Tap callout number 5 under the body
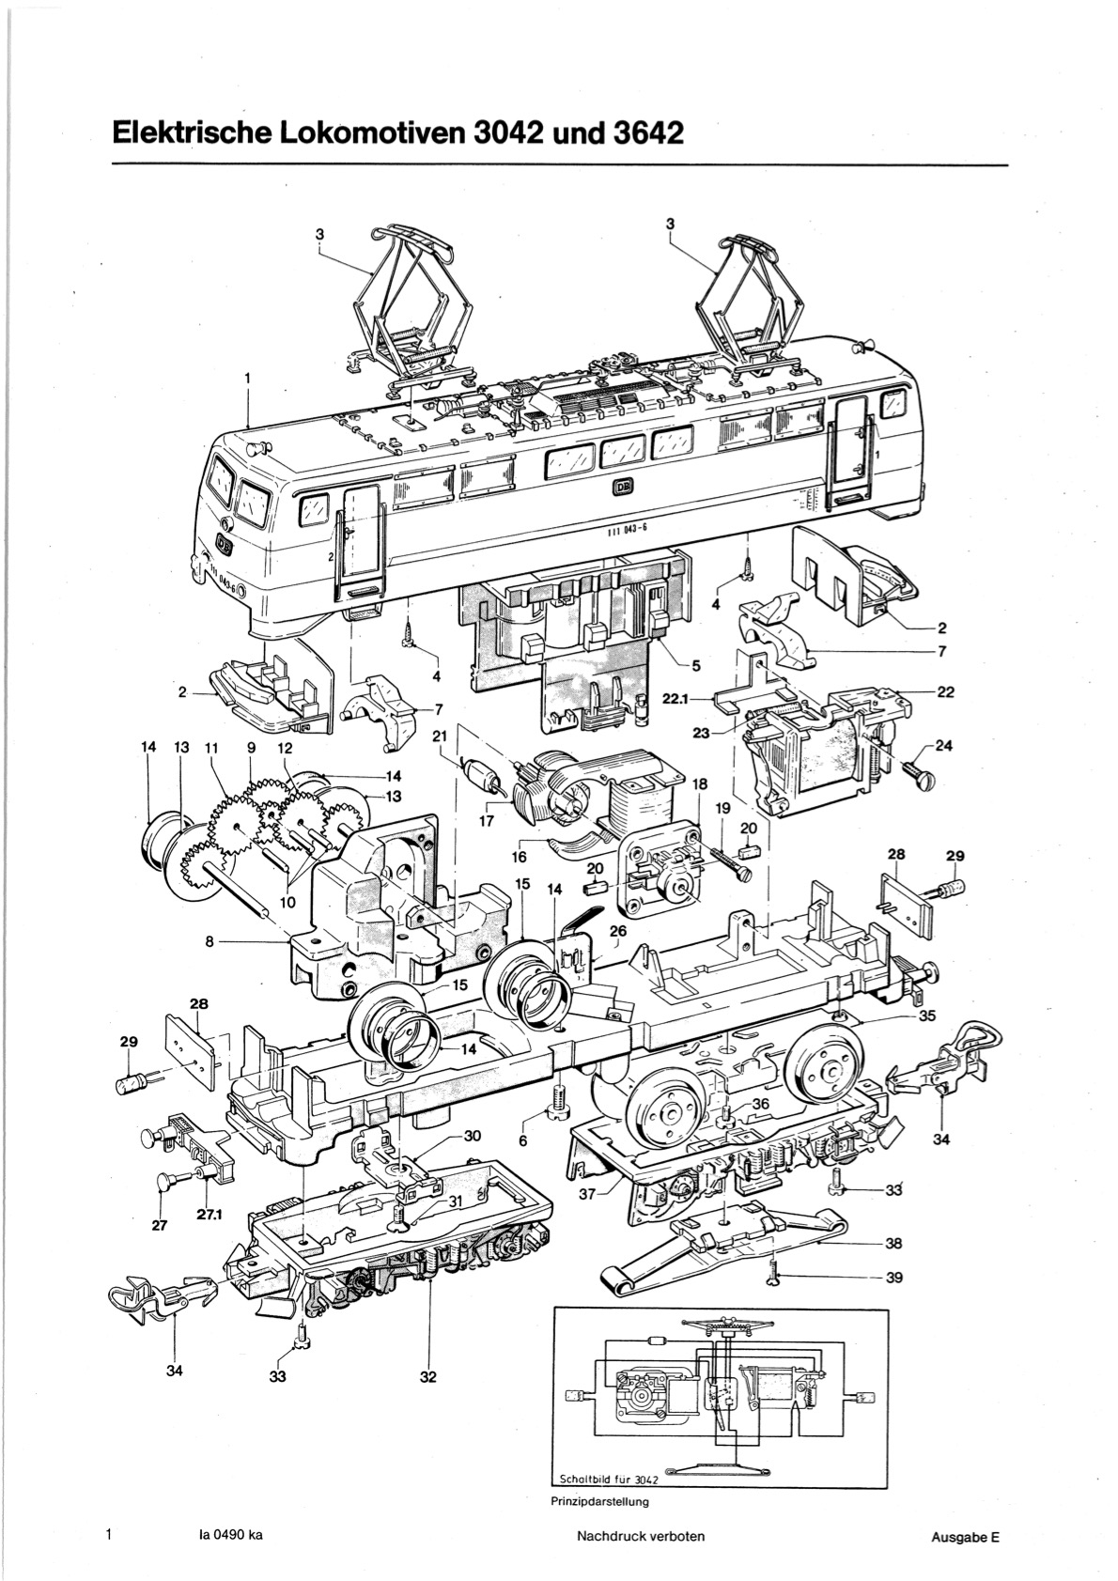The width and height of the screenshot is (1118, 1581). [695, 666]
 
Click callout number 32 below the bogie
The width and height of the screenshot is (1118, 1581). [428, 1376]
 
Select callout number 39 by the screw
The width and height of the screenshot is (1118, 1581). [893, 1277]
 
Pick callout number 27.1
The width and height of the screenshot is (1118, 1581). [209, 1214]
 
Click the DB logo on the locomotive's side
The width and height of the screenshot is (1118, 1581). [623, 488]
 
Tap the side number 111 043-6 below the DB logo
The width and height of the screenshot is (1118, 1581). [623, 529]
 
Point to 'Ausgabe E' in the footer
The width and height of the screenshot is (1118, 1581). [965, 1538]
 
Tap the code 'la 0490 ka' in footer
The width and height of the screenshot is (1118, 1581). [231, 1536]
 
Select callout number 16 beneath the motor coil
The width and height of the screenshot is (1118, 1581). [519, 856]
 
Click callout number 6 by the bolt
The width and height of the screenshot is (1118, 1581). [523, 1139]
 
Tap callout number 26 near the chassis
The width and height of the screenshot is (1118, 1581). [617, 932]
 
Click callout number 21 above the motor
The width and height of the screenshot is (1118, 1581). [439, 736]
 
